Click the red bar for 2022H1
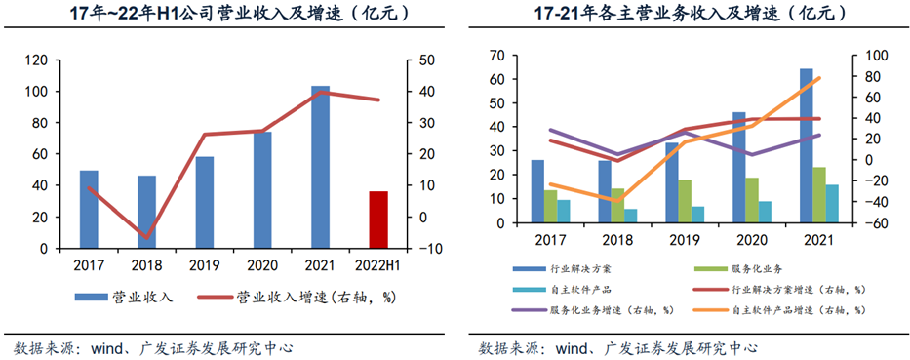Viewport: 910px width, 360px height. (378, 220)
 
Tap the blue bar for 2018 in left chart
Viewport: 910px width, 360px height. (146, 212)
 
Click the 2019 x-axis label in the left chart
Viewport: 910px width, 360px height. (204, 263)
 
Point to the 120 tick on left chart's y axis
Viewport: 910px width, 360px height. (36, 60)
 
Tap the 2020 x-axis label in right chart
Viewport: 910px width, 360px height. (751, 238)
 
